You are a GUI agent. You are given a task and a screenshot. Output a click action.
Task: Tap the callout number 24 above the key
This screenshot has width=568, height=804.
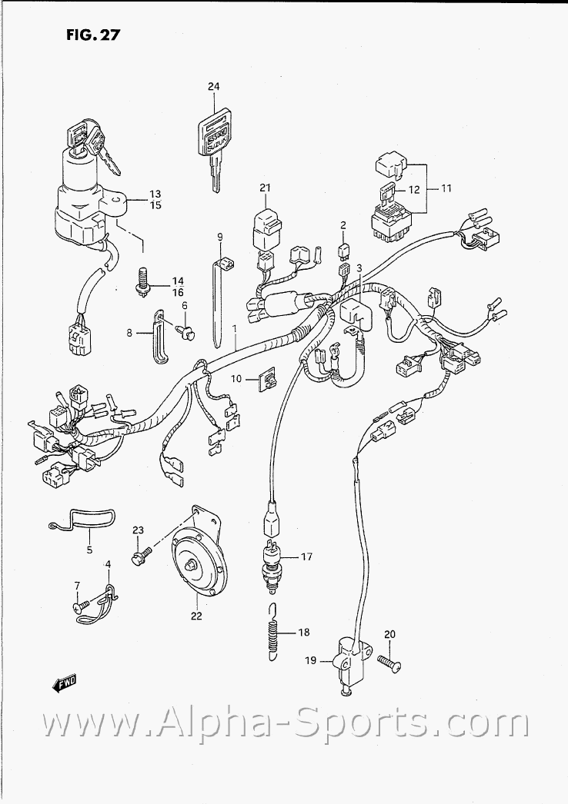(213, 87)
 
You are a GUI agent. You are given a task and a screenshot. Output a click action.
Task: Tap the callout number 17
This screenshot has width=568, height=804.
(306, 556)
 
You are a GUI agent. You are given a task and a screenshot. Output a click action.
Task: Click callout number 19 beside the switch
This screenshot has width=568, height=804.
(310, 660)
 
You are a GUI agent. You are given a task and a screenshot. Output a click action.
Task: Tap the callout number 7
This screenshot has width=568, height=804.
(77, 587)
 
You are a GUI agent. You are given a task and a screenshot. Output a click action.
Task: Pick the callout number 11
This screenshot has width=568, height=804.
(446, 188)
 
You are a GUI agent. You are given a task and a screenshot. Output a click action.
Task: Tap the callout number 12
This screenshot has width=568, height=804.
(413, 189)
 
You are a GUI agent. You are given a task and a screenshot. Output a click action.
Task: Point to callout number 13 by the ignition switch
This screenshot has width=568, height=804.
(155, 193)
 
